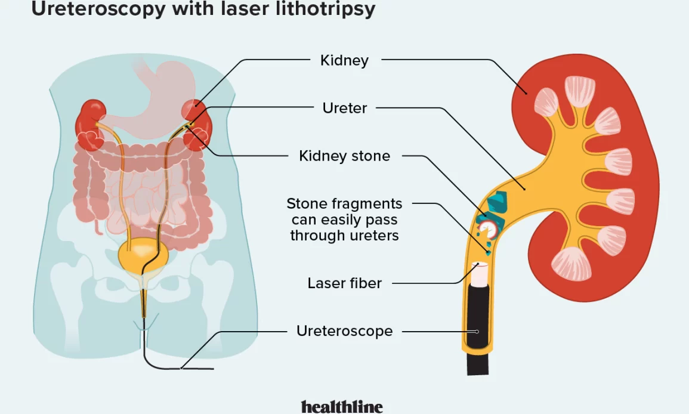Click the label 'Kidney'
coord(344,60)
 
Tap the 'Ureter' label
coord(344,108)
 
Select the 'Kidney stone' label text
coord(344,156)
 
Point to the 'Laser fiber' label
coord(344,283)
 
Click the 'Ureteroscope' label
coord(344,330)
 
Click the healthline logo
coord(342,406)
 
